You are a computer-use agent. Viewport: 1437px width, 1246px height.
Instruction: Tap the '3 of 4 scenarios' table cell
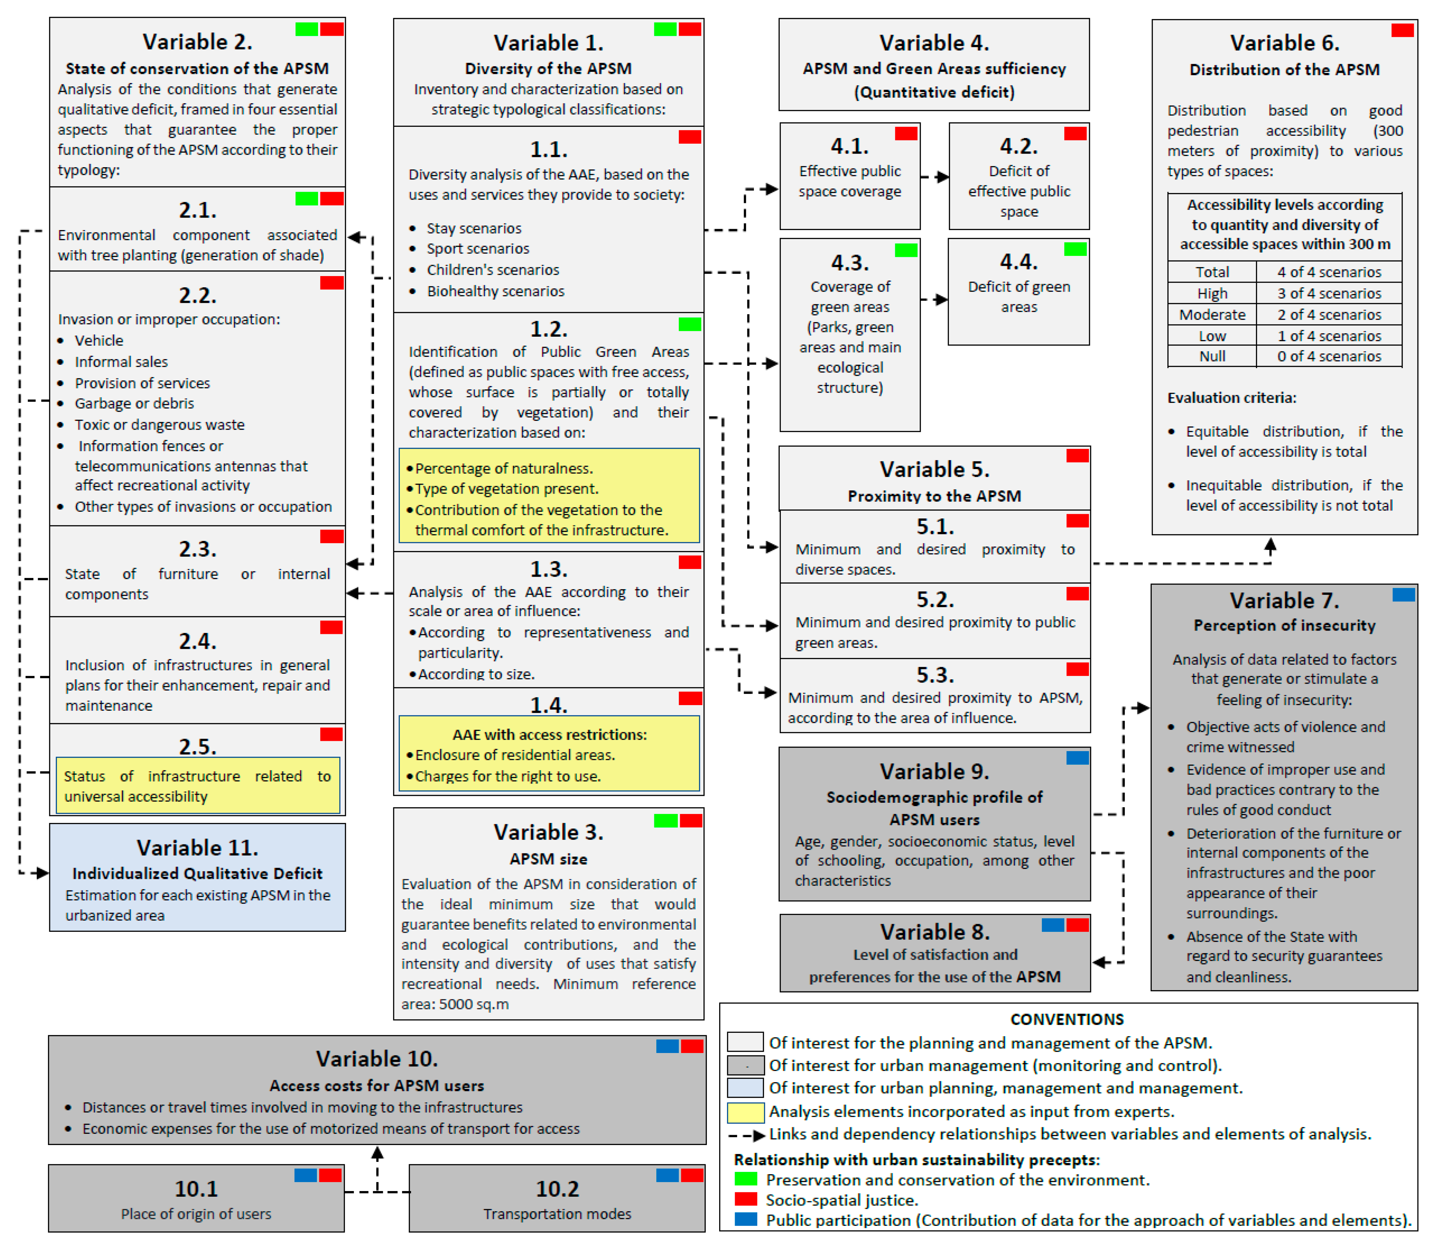[1328, 293]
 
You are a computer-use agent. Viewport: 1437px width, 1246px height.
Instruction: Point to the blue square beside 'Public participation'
[745, 1220]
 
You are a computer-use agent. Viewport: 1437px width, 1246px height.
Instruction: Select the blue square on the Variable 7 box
[1403, 595]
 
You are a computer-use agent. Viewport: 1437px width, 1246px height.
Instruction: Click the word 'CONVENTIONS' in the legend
[1066, 1019]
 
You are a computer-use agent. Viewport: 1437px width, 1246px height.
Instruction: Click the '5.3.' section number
[934, 675]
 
